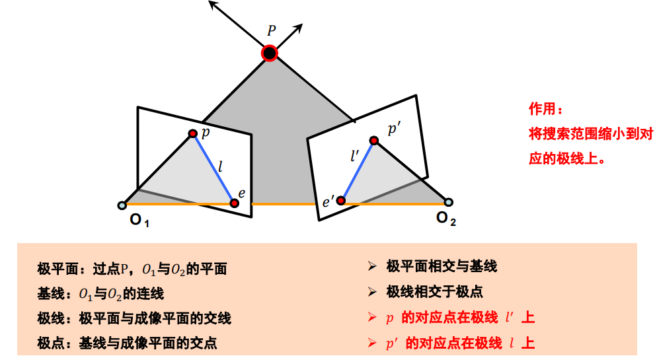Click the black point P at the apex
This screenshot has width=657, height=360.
pos(269,53)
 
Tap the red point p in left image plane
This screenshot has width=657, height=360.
pos(193,133)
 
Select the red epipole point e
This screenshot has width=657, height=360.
pos(235,203)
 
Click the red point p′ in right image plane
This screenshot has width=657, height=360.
pos(373,140)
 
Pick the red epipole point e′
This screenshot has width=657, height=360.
pos(341,200)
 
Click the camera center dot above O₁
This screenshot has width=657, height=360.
pos(122,205)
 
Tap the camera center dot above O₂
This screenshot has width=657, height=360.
pos(449,201)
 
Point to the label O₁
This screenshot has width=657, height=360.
pos(139,220)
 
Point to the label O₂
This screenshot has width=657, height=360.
pos(446,218)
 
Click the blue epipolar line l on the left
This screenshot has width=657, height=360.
pos(213,168)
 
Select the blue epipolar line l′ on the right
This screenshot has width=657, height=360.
pos(358,170)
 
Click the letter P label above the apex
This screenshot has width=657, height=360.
pos(271,30)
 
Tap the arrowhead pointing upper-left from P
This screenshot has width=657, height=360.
pos(212,4)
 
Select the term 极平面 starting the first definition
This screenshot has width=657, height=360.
pos(54,270)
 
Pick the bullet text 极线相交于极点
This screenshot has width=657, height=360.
pos(434,291)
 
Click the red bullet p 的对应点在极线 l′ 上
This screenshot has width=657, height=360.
pos(459,318)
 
